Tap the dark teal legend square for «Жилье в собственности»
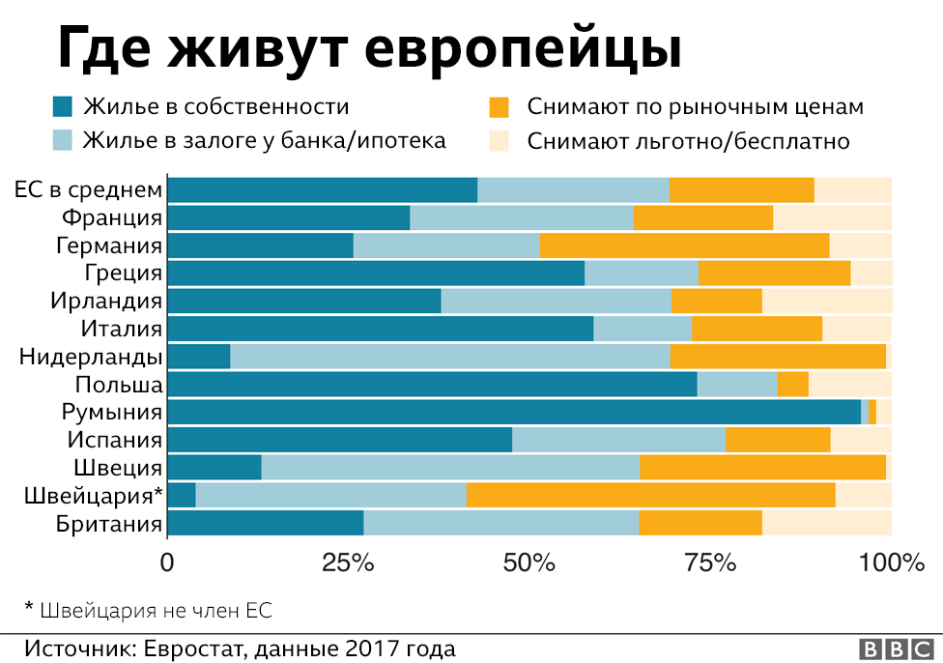coord(63,106)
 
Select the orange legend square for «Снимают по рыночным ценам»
coord(500,106)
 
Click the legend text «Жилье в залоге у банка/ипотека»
coord(265,141)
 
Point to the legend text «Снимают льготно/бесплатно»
coord(688,141)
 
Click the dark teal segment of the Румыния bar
coord(514,413)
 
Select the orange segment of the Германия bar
coord(684,245)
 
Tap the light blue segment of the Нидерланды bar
coord(449,357)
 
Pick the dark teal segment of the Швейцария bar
coord(182,496)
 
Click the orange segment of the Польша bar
coord(792,385)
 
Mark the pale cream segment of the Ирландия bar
coord(826,301)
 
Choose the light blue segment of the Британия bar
coord(500,524)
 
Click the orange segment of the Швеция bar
coord(762,468)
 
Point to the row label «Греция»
coord(123,273)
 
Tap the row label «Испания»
coord(114,440)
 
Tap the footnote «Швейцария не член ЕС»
coord(155,610)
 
